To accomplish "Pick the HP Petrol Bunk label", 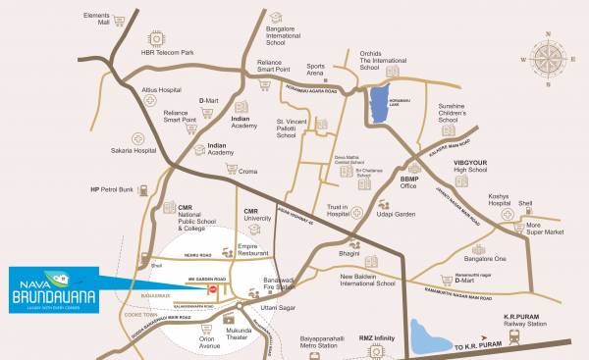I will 110,188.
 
